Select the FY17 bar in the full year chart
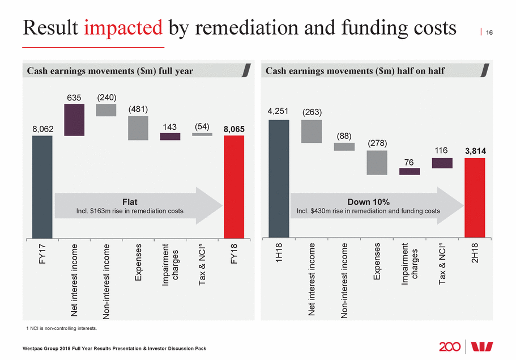click(x=42, y=187)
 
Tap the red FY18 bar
click(x=234, y=187)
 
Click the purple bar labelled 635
click(x=74, y=120)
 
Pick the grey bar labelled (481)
click(x=138, y=128)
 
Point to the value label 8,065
click(x=234, y=129)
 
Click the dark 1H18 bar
click(x=278, y=179)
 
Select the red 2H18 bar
click(x=475, y=198)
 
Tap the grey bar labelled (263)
click(x=311, y=131)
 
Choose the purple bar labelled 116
click(x=442, y=163)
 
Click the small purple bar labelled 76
click(x=410, y=171)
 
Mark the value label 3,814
click(x=475, y=151)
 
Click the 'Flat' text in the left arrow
click(x=130, y=202)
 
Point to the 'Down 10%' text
click(x=368, y=202)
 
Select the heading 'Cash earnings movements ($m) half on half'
click(x=355, y=71)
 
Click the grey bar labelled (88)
click(x=344, y=147)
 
